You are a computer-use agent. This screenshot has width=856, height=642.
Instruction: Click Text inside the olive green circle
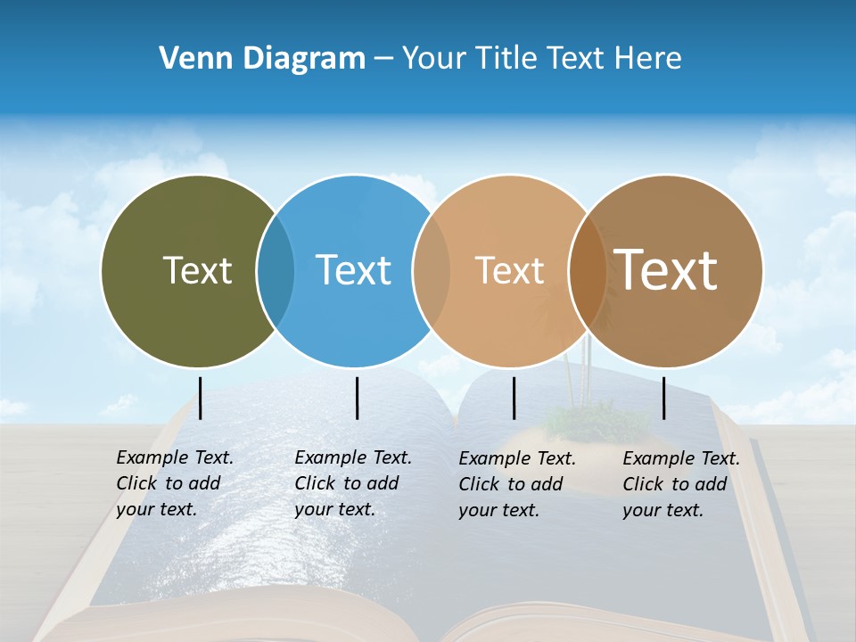pyautogui.click(x=197, y=270)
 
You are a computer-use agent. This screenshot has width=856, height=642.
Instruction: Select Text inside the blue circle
pyautogui.click(x=354, y=270)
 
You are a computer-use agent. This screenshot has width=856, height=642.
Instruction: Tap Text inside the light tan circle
pyautogui.click(x=509, y=270)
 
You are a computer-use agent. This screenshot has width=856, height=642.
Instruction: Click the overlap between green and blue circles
pyautogui.click(x=276, y=271)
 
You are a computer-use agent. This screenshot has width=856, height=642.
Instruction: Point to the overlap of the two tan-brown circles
pyautogui.click(x=585, y=271)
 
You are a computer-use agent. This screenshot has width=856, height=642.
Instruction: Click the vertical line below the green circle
pyautogui.click(x=201, y=398)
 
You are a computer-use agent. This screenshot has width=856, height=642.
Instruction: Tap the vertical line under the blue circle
pyautogui.click(x=357, y=398)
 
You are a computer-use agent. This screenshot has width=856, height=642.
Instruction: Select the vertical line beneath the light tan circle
pyautogui.click(x=514, y=398)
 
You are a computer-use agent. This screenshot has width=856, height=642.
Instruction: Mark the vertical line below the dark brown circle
pyautogui.click(x=664, y=398)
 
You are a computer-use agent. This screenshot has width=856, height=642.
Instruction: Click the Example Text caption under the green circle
pyautogui.click(x=175, y=483)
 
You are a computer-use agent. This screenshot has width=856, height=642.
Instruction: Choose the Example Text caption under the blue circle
pyautogui.click(x=353, y=483)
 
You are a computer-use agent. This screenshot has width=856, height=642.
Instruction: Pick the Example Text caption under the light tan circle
pyautogui.click(x=517, y=484)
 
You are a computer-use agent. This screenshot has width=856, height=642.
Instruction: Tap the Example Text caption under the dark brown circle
pyautogui.click(x=681, y=484)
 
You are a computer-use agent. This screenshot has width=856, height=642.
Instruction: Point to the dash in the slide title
pyautogui.click(x=383, y=60)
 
